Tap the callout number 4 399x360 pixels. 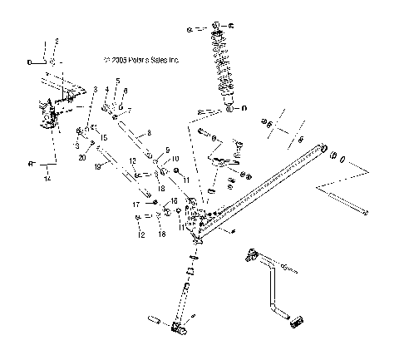[x=106, y=88]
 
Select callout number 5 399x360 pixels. [x=117, y=80]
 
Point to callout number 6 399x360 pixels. [x=125, y=89]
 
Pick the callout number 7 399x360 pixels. [x=127, y=110]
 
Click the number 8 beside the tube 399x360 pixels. [x=149, y=132]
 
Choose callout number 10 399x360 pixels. [x=175, y=157]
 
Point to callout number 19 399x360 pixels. [x=98, y=166]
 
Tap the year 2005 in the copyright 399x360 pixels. [x=113, y=61]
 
